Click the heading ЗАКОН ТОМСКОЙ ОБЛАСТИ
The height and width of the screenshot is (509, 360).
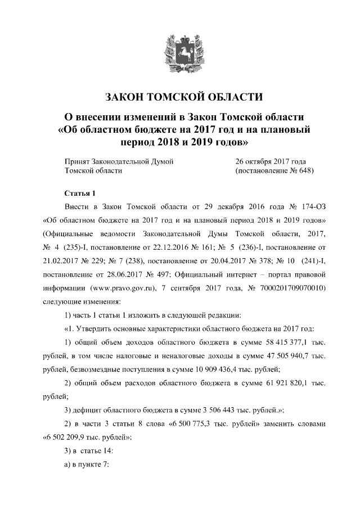(x=179, y=96)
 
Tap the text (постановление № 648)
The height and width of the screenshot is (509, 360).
(x=274, y=170)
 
